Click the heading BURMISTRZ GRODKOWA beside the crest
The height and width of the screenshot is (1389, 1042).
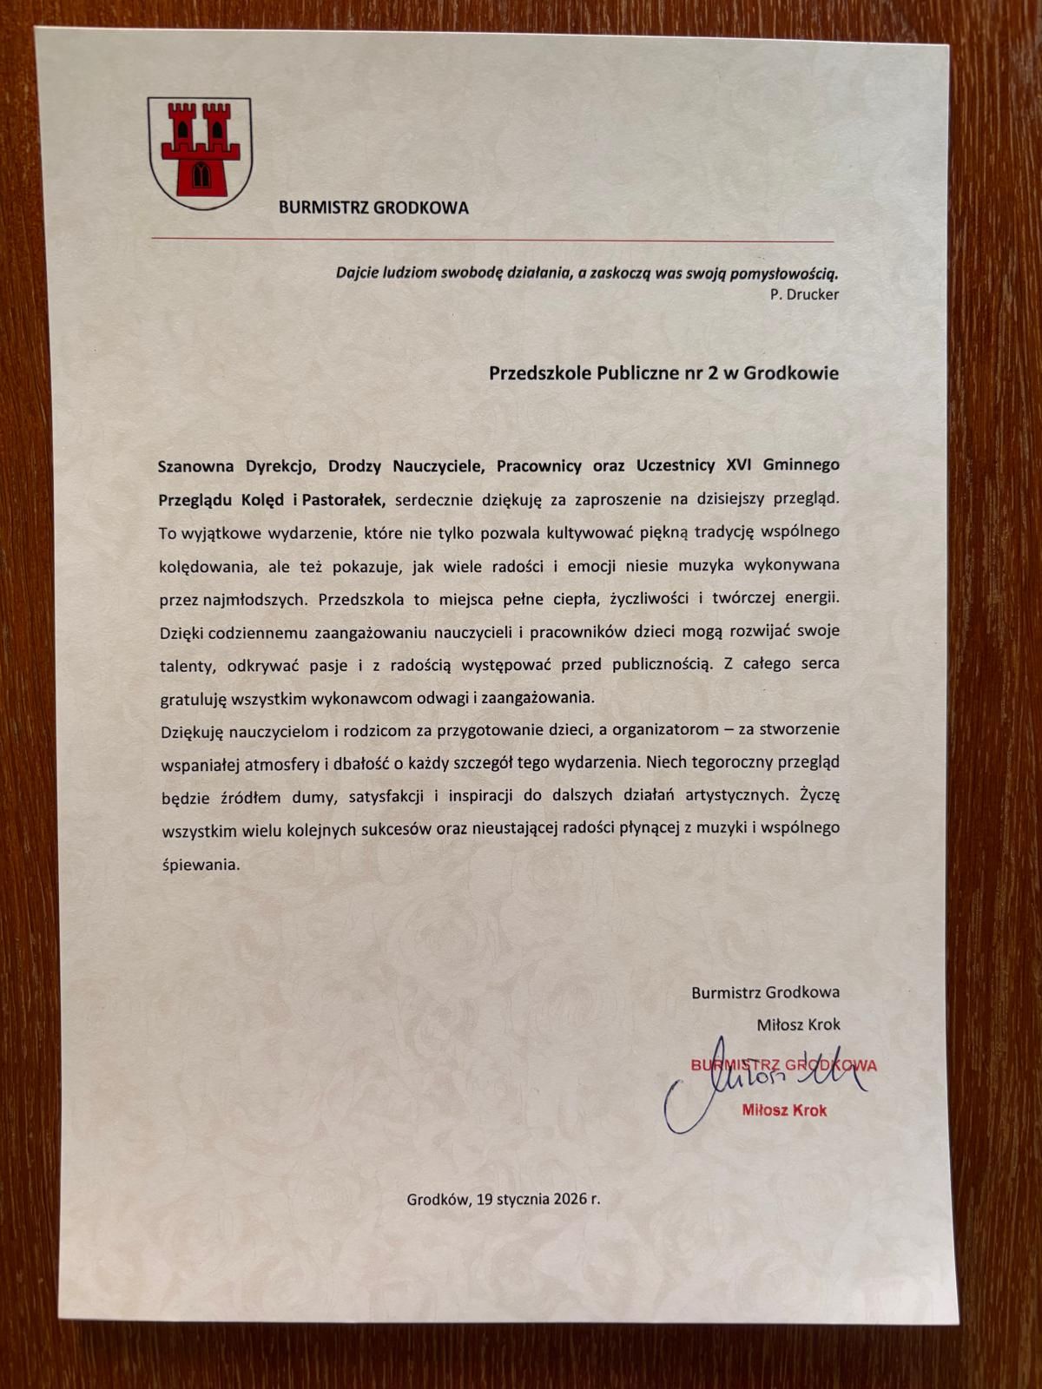pos(373,207)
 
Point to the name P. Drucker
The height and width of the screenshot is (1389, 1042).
pos(804,294)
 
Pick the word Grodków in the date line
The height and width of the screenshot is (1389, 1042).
pos(438,1200)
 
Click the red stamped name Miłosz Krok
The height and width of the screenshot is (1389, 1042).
pos(784,1110)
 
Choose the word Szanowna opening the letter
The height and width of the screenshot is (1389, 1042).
pos(190,464)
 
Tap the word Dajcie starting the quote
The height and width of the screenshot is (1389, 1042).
pos(357,273)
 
